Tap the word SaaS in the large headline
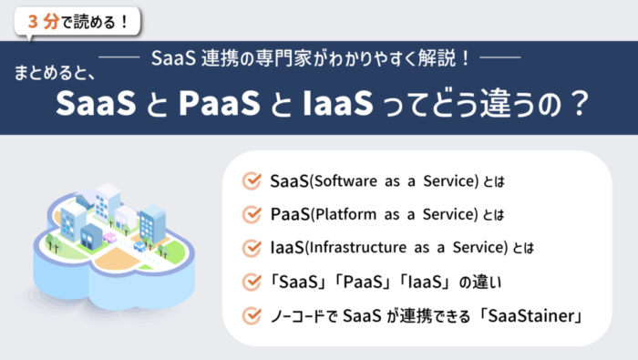(89, 104)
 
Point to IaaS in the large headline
(334, 104)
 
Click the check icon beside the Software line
(252, 180)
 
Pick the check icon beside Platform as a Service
(252, 214)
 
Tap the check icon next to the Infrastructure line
(252, 248)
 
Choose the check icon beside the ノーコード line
(252, 316)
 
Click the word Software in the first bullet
(344, 180)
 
